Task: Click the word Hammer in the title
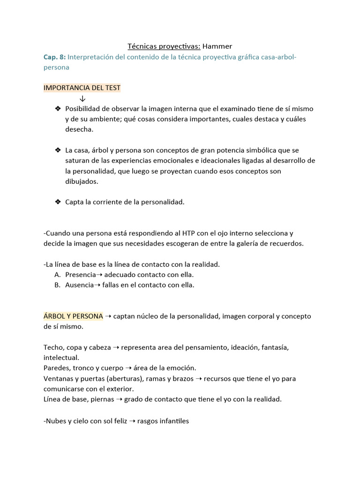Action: click(217, 46)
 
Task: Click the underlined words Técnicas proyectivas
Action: click(164, 46)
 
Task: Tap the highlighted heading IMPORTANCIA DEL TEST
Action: click(82, 88)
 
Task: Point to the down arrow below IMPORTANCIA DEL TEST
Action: click(82, 98)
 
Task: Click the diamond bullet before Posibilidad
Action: click(58, 109)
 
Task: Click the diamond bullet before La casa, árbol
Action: click(58, 150)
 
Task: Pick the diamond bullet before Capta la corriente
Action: click(58, 202)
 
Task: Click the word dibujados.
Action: click(82, 181)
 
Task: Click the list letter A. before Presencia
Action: click(57, 275)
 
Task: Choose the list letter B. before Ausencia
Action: click(57, 285)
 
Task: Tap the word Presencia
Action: click(81, 275)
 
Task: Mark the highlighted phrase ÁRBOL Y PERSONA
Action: click(73, 316)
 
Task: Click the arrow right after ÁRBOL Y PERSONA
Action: click(108, 316)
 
